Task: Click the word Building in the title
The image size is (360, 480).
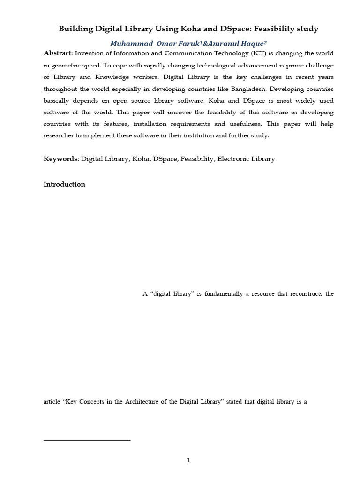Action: pyautogui.click(x=75, y=29)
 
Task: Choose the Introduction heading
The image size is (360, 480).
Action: pyautogui.click(x=64, y=184)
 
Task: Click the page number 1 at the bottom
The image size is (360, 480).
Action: pyautogui.click(x=188, y=460)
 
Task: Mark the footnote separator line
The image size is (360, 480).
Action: pyautogui.click(x=87, y=440)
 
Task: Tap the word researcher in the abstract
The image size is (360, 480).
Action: pyautogui.click(x=61, y=135)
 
